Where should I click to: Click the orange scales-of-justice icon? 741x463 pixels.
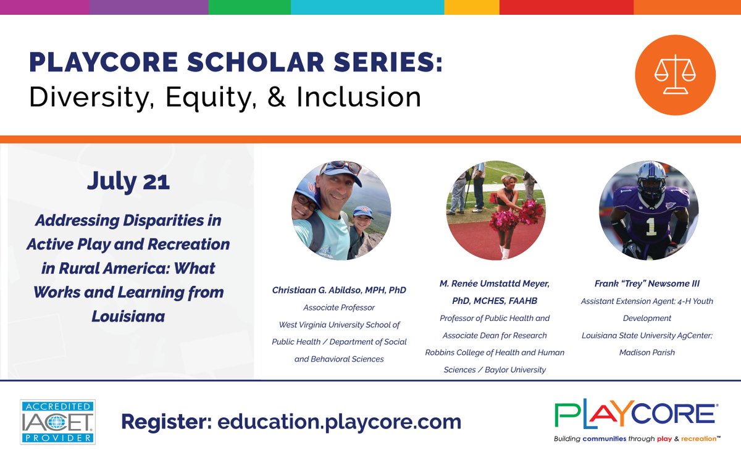675,75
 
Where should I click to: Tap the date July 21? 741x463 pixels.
128,181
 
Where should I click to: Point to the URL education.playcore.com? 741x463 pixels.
339,422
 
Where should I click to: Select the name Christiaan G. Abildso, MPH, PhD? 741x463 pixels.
339,290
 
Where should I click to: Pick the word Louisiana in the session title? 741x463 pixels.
128,317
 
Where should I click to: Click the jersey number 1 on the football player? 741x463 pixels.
650,227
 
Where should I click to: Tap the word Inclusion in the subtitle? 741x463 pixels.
358,96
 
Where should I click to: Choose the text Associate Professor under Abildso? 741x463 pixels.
339,307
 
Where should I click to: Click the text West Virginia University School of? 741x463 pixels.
339,325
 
